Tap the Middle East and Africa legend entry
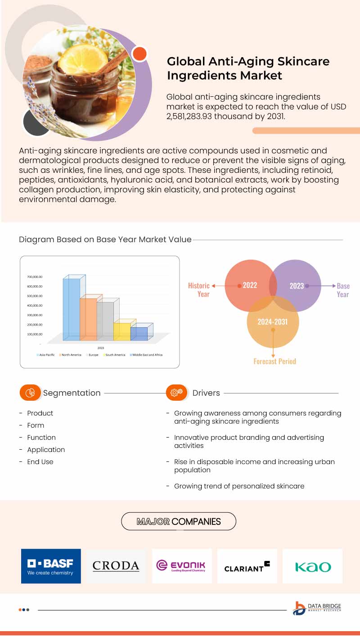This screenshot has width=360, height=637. pos(146,355)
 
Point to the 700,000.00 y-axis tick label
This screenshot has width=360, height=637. pos(35,277)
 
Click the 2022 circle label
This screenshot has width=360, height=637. pos(250,285)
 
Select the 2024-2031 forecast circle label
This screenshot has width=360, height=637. pos(272,321)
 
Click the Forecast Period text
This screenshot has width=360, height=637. pos(274,361)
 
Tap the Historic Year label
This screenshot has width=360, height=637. pos(199,289)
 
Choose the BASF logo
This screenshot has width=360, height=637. pos(51,566)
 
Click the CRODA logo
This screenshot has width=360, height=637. pos(116,566)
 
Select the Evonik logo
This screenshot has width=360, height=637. pos(181,566)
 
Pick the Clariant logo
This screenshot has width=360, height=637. pos(247,566)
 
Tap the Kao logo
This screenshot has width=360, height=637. pos(313,566)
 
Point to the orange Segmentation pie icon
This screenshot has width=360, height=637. pos(31,393)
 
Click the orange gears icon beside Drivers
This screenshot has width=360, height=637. pos(176,393)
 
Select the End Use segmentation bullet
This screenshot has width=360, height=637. pos(40,461)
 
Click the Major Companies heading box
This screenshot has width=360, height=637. pos(179,521)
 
